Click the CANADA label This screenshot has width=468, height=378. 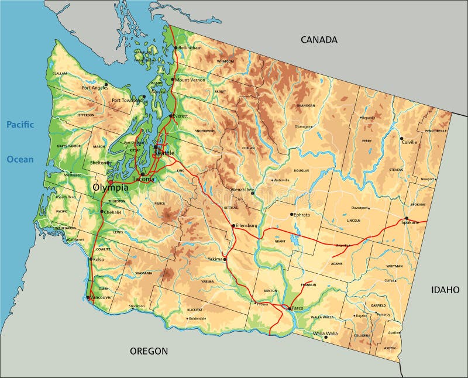[319, 40]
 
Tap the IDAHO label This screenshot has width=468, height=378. [445, 290]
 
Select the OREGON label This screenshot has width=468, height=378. [149, 351]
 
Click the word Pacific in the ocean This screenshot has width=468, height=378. [20, 124]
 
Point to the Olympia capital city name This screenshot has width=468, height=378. [111, 188]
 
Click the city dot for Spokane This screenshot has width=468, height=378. [407, 218]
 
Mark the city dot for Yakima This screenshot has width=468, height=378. [225, 259]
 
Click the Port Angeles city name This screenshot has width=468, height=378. [95, 88]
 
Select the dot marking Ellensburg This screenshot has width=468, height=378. [233, 225]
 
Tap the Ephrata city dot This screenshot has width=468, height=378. [292, 214]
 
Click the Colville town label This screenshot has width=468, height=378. [409, 142]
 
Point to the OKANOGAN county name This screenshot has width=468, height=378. [305, 106]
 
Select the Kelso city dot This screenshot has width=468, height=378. [90, 259]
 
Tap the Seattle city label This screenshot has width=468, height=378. [164, 153]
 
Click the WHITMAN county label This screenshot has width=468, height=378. [394, 266]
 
